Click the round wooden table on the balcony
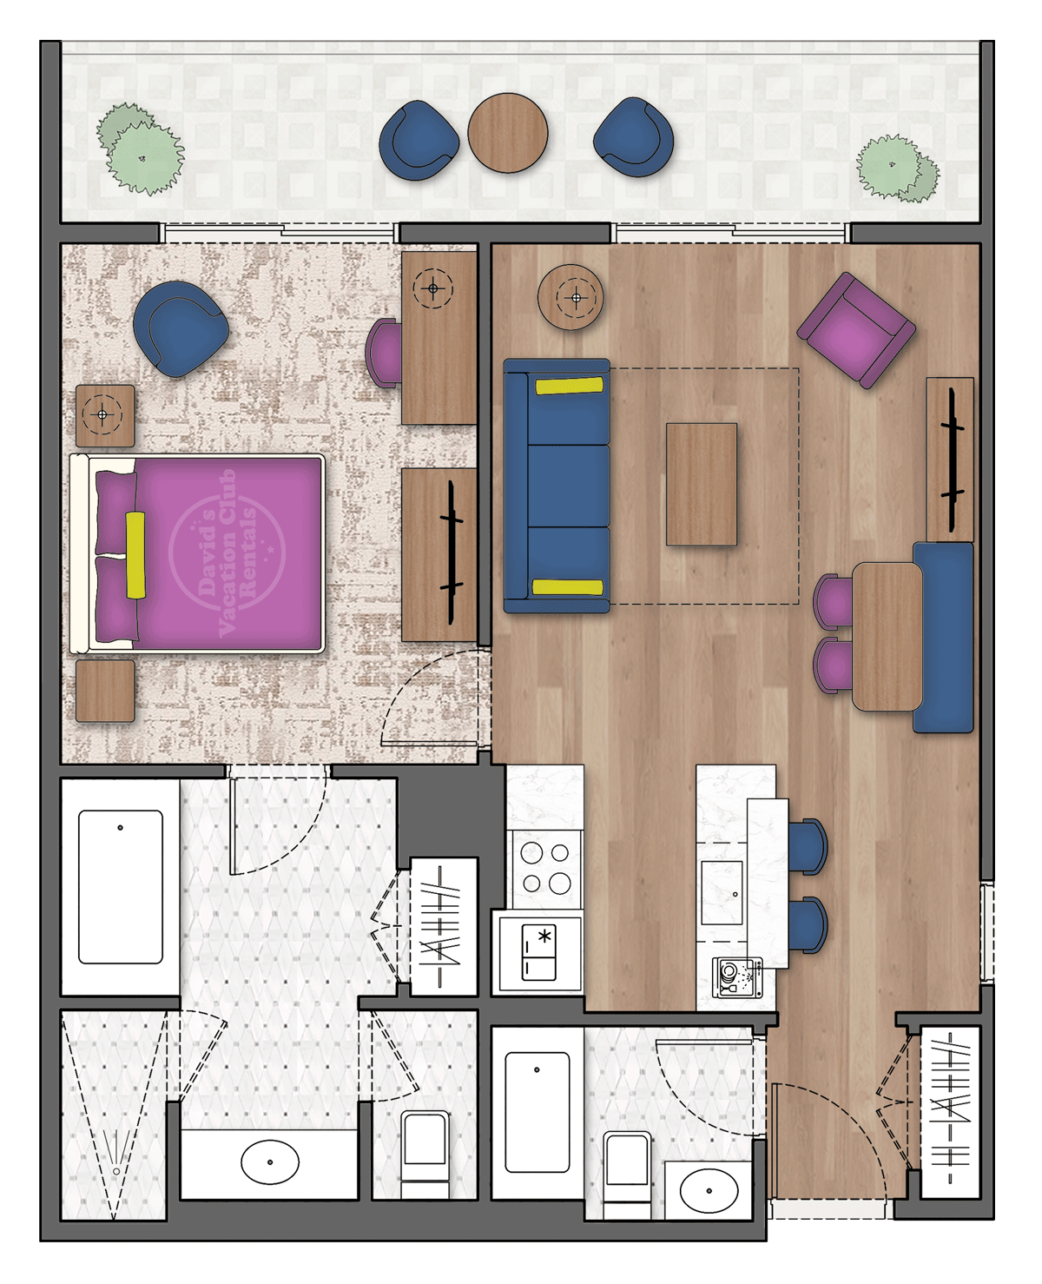point(508,133)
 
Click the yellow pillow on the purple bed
point(135,554)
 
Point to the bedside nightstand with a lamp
point(105,415)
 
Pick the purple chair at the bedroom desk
point(383,353)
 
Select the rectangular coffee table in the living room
point(702,484)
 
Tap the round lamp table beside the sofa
point(570,297)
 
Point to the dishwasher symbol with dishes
point(737,977)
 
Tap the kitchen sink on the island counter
point(722,892)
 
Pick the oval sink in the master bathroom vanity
point(270,1162)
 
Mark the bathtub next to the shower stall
point(120,886)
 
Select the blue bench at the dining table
point(943,637)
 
